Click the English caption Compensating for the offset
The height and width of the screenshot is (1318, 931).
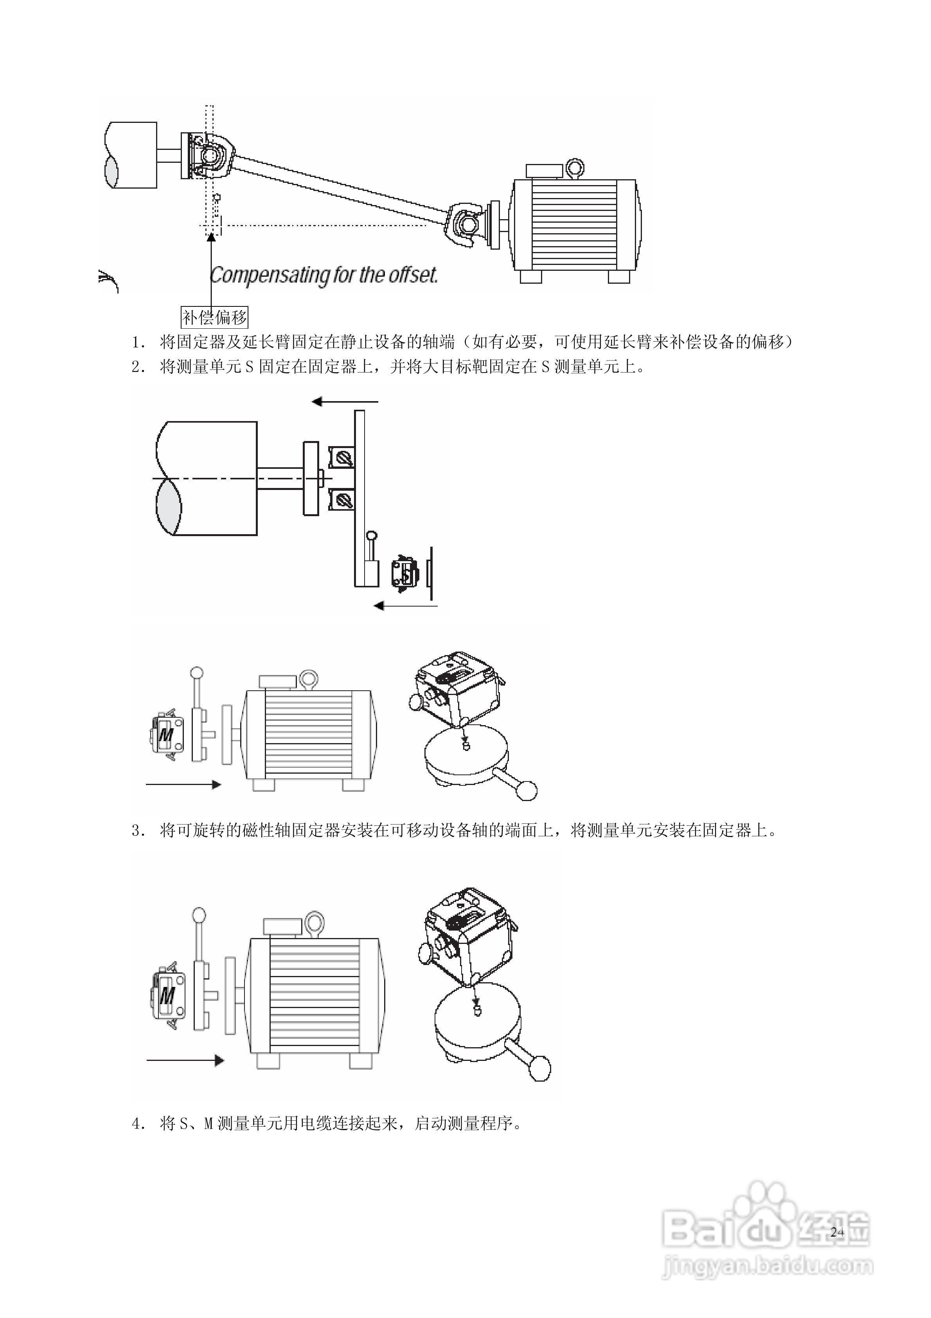point(323,275)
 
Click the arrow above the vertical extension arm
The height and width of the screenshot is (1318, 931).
point(344,402)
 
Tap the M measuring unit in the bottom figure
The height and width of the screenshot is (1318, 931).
point(167,995)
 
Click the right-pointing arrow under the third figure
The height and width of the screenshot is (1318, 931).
point(184,784)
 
